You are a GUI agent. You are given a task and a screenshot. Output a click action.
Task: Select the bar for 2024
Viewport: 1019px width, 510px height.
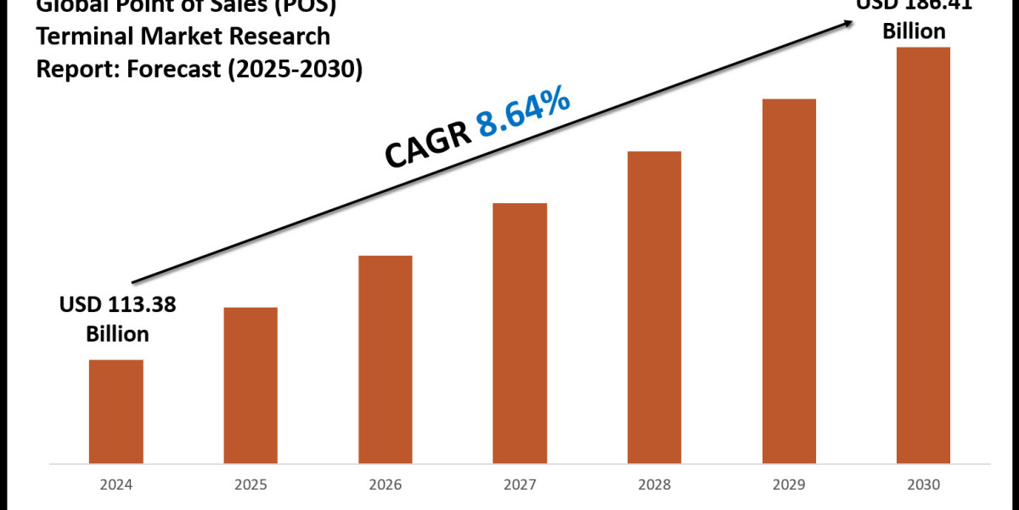pos(116,412)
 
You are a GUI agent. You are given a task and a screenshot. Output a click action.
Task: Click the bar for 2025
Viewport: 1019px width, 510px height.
pos(251,386)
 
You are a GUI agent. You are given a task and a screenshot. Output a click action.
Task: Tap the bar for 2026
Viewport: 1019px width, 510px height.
pos(385,360)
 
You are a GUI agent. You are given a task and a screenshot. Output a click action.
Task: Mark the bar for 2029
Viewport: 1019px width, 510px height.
pos(789,282)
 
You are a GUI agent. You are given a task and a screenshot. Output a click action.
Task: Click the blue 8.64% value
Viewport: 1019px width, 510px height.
pos(523,113)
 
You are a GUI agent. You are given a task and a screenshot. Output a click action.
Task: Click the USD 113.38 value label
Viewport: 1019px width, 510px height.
pos(117,305)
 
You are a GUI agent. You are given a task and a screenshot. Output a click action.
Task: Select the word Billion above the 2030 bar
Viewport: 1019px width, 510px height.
pos(915,31)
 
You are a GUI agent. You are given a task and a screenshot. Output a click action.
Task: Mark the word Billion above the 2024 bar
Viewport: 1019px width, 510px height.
pos(117,334)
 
